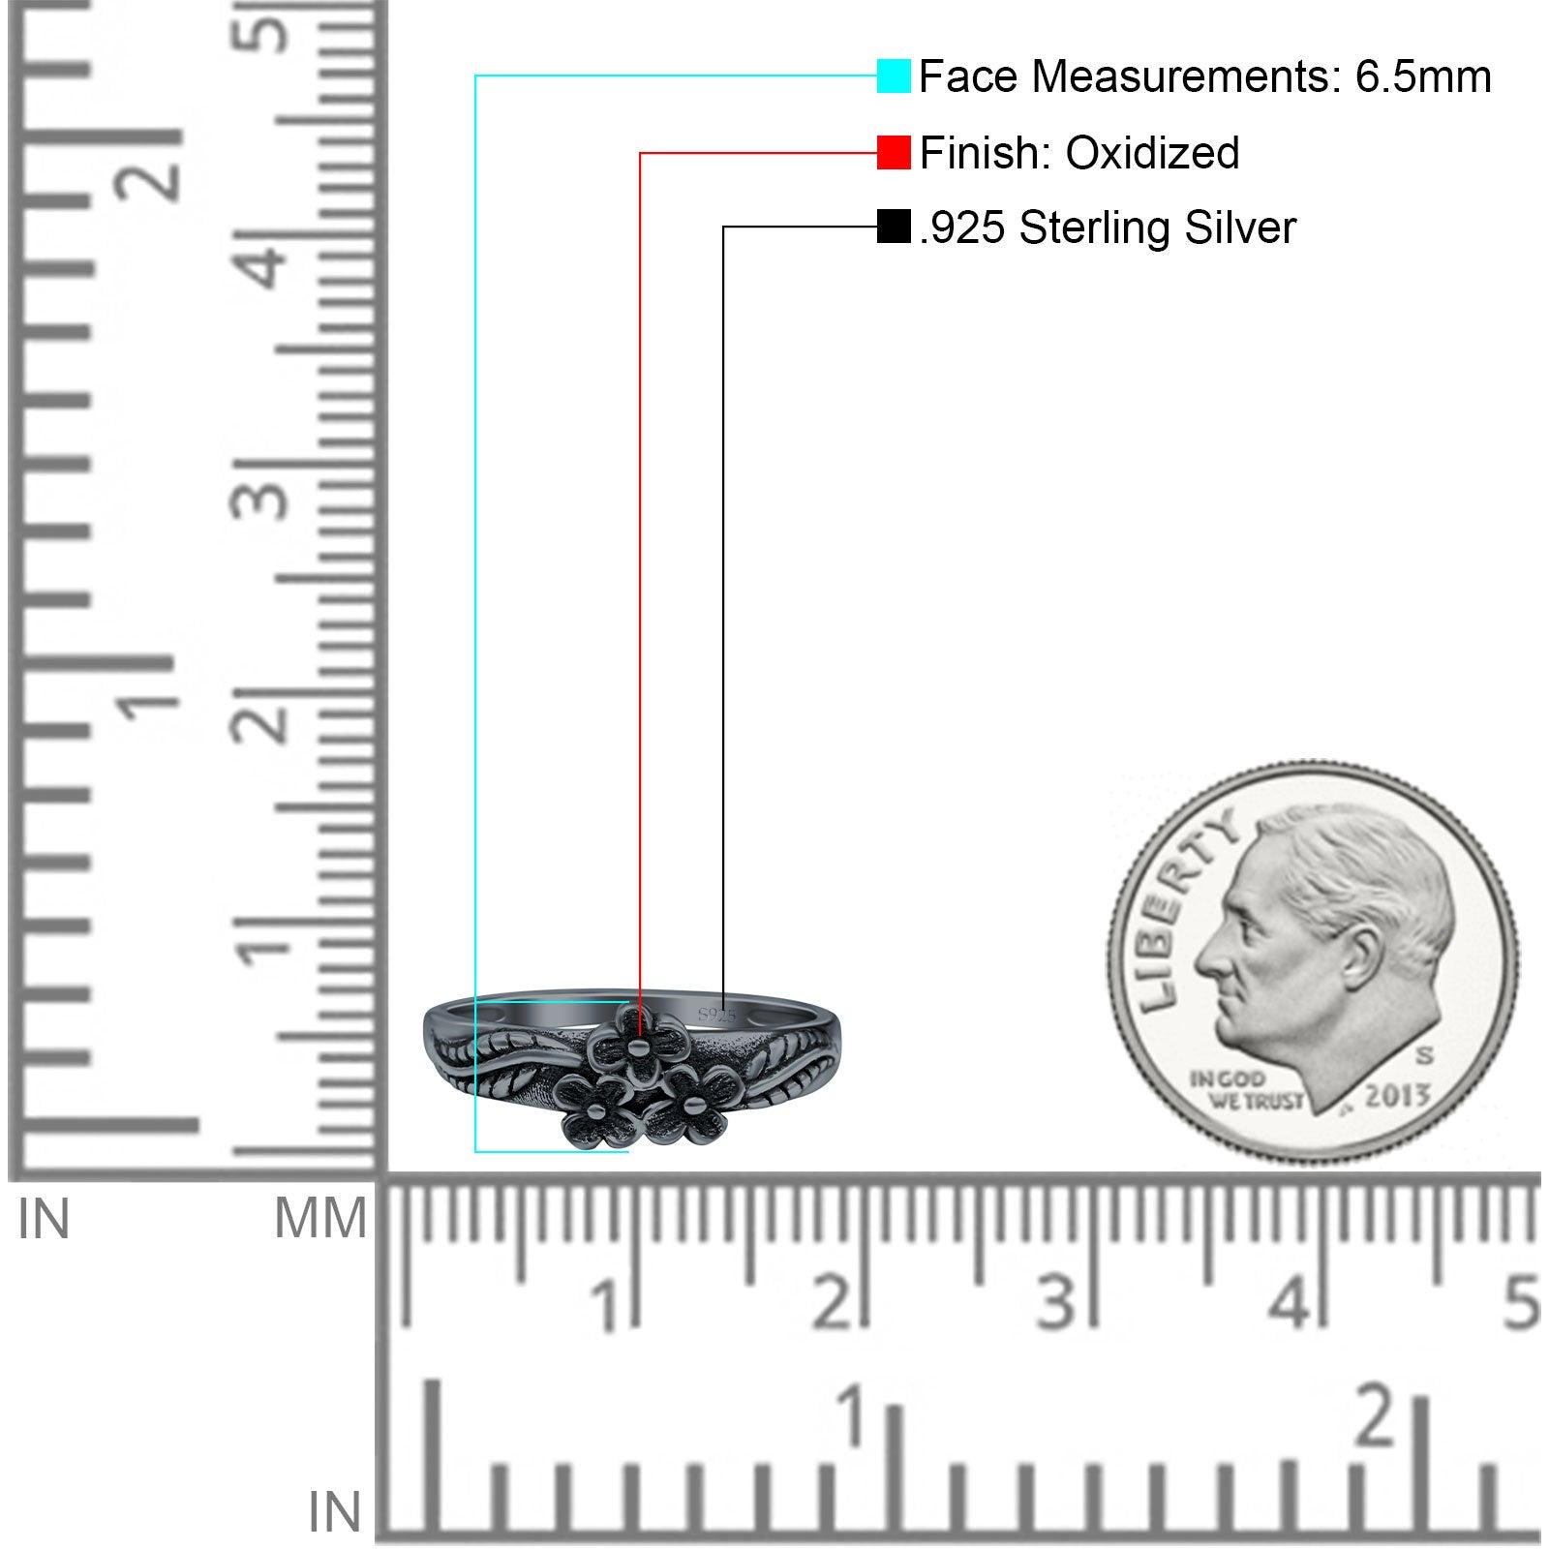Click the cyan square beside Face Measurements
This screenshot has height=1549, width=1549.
pyautogui.click(x=893, y=76)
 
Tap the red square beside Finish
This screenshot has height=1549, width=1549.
pyautogui.click(x=893, y=152)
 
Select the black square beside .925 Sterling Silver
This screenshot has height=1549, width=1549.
pyautogui.click(x=893, y=227)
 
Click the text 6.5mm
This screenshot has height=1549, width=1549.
pyautogui.click(x=1423, y=76)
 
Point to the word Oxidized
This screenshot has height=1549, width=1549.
pyautogui.click(x=1152, y=152)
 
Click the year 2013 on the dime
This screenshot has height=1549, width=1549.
pyautogui.click(x=1397, y=1096)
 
